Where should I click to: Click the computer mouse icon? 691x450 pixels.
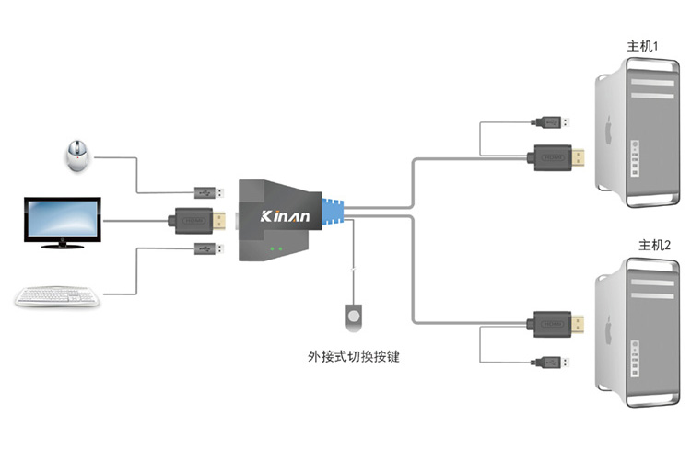tap(77, 156)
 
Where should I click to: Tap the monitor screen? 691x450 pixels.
tap(60, 219)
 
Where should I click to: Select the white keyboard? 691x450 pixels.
tap(57, 295)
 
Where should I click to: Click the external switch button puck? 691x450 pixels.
tap(353, 315)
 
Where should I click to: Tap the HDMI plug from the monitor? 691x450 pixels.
tap(196, 220)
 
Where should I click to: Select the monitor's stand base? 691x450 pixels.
tap(61, 245)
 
